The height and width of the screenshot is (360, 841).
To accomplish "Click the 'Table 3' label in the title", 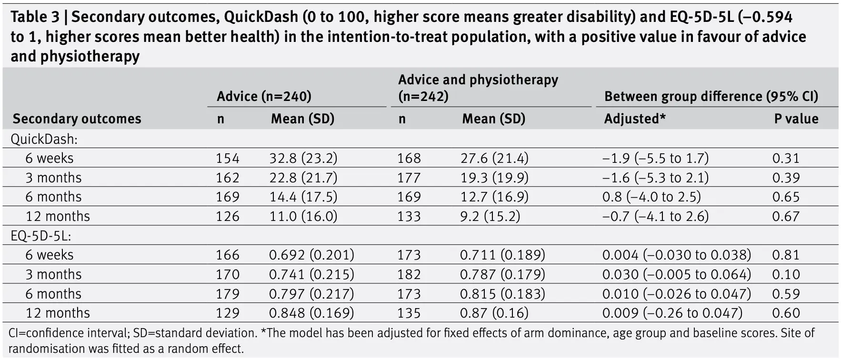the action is [34, 17].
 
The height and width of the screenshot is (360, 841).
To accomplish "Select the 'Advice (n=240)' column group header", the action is [264, 96].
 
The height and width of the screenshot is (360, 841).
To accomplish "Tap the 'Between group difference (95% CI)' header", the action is [711, 96].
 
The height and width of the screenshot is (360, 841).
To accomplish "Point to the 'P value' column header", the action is [796, 119].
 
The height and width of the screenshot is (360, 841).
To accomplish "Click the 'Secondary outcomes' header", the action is [77, 119].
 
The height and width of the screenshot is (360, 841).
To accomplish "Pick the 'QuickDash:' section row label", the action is [44, 139].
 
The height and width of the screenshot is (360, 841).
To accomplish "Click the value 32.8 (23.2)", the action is [303, 158].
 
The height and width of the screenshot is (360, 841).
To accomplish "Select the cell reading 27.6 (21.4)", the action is [494, 158].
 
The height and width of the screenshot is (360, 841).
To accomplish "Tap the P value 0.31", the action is [786, 158].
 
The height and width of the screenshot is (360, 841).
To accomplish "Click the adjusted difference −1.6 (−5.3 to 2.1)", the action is [655, 178].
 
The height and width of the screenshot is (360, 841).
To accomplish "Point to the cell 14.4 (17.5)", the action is [303, 197].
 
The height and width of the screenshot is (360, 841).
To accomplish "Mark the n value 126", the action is [228, 216].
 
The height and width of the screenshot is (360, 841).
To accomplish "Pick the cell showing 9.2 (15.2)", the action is [490, 216].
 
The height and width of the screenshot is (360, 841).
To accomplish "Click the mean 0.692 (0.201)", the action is [311, 255].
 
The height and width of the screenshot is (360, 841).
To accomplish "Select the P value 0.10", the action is [786, 274].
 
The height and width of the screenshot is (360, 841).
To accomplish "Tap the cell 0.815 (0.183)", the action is [502, 294].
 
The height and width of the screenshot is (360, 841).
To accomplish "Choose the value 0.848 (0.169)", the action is [311, 313].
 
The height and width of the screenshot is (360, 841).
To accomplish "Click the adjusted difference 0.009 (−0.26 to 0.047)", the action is [672, 313].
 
